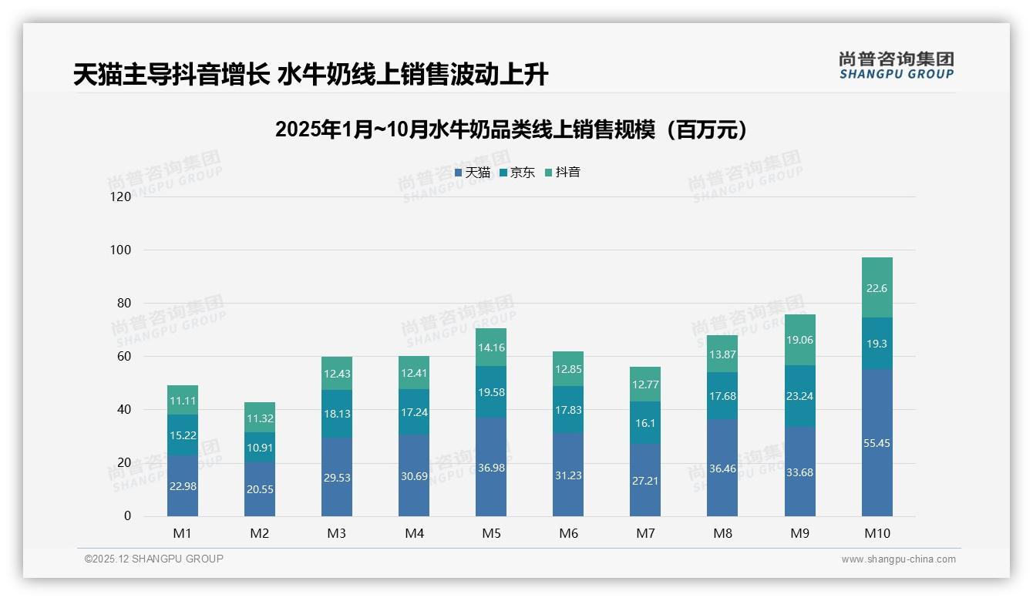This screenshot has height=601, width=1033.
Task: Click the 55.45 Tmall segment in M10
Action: point(877,442)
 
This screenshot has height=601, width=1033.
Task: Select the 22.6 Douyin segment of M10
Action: point(877,287)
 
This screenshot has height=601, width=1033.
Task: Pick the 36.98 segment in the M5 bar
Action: point(491,467)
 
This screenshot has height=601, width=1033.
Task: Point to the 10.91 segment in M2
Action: point(260,447)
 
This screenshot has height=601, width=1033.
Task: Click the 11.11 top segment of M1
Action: point(183,400)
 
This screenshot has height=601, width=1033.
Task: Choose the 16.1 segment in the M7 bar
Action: point(645,422)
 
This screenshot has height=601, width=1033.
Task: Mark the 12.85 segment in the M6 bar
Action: point(568,368)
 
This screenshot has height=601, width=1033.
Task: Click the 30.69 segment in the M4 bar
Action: point(414,475)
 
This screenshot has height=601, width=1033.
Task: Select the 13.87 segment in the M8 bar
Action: point(722,354)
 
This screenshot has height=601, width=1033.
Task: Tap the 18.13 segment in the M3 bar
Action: point(337,414)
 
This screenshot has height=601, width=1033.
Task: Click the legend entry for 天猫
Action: point(473,173)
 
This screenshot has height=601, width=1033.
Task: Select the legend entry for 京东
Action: point(517,173)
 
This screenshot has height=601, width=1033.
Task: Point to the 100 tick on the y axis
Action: point(121,250)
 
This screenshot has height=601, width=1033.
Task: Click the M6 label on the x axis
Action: point(568,533)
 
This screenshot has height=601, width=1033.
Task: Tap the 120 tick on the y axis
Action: point(121,196)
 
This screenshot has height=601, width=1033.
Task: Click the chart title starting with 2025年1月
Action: point(512,129)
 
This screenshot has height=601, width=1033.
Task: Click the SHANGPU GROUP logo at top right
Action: point(896,65)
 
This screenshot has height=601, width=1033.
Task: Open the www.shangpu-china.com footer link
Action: point(898,559)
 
